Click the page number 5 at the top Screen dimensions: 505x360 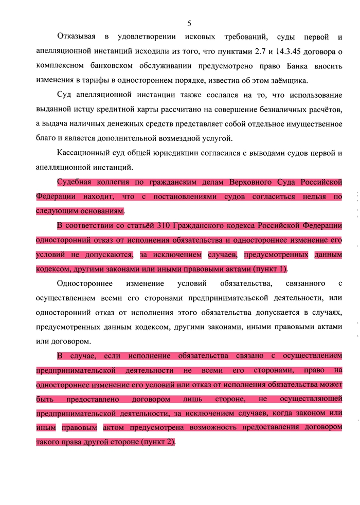[189, 23]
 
